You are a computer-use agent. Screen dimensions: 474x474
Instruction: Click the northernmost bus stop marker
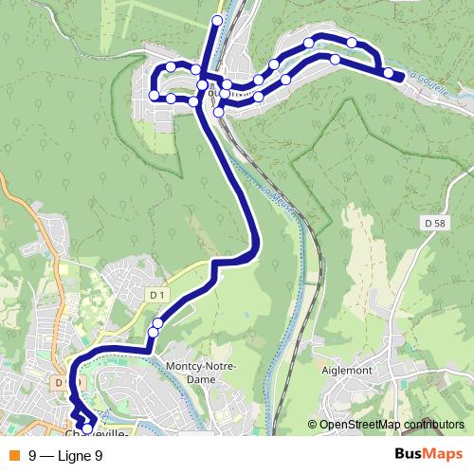(x=217, y=20)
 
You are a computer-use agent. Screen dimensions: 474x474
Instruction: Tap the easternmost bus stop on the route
(x=389, y=73)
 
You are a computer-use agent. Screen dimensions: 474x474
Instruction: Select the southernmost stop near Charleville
(x=87, y=429)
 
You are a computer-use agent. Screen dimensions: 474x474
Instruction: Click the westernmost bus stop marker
(x=155, y=95)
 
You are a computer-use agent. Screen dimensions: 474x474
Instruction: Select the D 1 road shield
(x=156, y=296)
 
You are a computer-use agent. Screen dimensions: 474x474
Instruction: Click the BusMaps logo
(x=428, y=454)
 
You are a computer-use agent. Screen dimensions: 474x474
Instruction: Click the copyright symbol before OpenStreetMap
(x=313, y=425)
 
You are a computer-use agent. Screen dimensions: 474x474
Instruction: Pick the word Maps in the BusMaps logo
(x=443, y=454)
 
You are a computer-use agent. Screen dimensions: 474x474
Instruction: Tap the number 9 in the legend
(x=33, y=455)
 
